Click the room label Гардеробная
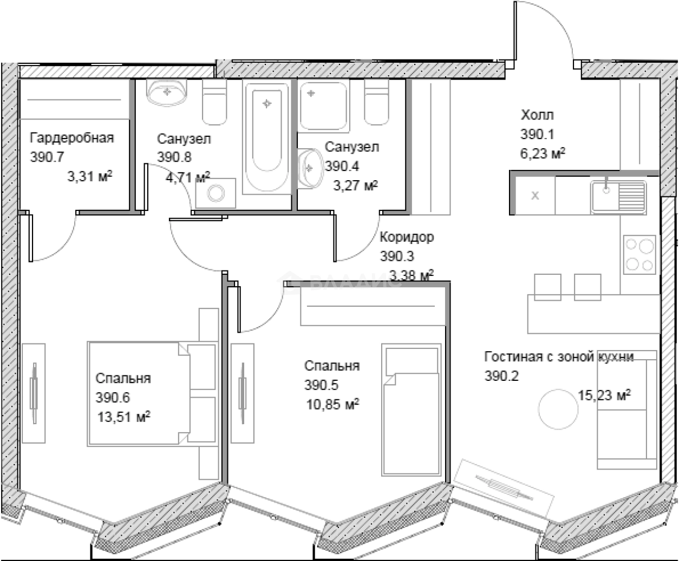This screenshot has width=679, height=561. [72, 137]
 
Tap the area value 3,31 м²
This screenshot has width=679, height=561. [89, 176]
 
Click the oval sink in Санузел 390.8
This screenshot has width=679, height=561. [167, 92]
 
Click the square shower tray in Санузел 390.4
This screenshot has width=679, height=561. [323, 106]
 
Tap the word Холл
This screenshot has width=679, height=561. [537, 115]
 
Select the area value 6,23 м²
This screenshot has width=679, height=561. [543, 154]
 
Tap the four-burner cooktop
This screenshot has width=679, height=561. [639, 254]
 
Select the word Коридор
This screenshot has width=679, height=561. [407, 237]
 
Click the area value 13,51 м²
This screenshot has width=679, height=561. [123, 417]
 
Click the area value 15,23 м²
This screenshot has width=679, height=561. [604, 395]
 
